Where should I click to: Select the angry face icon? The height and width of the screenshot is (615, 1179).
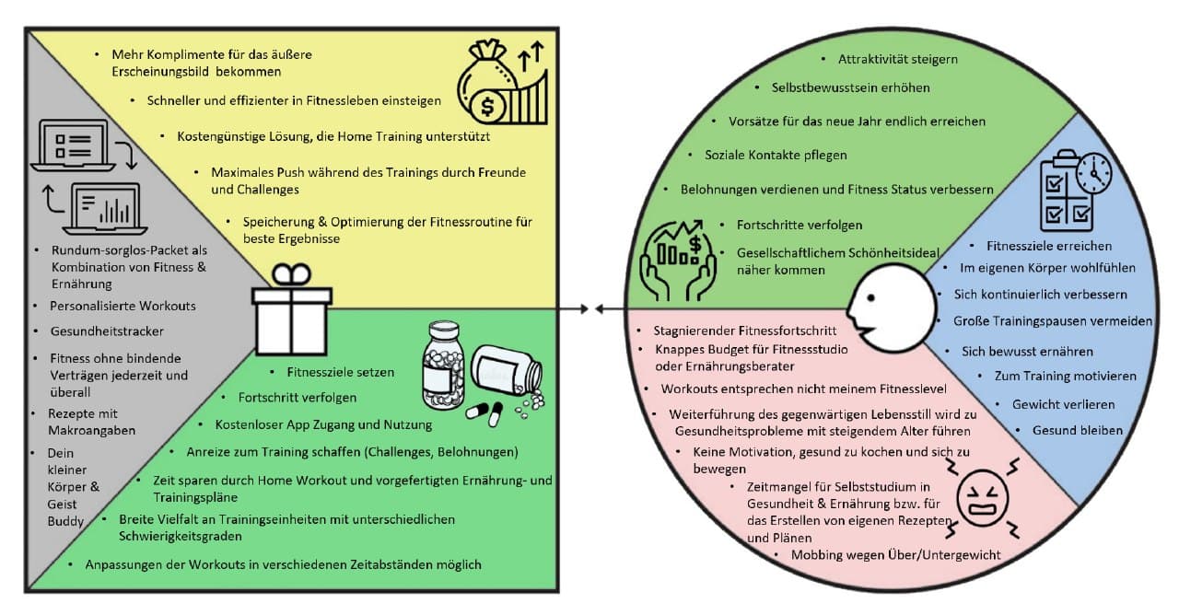pos(985,498)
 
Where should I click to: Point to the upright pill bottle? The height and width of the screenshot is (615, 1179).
pos(442,365)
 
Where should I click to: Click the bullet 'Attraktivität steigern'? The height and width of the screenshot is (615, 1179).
pos(898,59)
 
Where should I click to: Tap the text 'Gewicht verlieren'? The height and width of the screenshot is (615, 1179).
pos(1063,404)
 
